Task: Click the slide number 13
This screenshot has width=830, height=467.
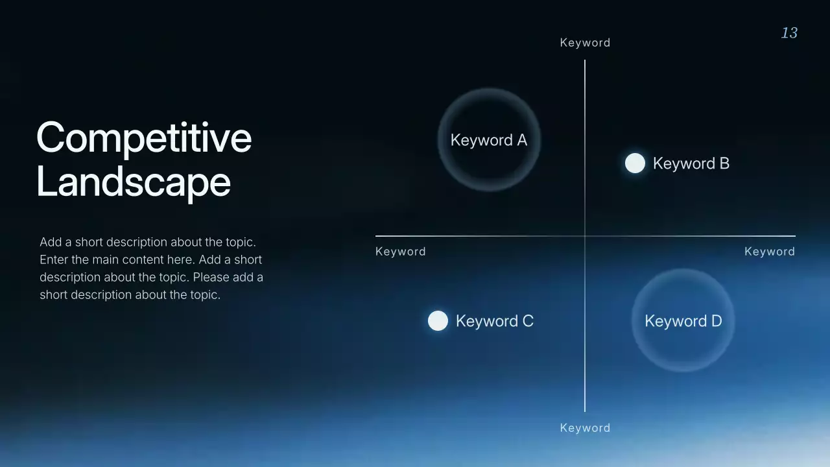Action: coord(789,33)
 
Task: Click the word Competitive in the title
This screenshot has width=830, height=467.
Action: coord(144,138)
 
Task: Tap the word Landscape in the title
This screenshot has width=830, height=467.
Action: coord(134,182)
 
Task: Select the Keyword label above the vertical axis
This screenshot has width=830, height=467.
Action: coord(585,43)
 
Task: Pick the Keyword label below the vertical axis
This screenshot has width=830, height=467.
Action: coord(585,428)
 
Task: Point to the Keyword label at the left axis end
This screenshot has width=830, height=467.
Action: coord(401,252)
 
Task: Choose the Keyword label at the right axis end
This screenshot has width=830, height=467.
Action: coord(769,252)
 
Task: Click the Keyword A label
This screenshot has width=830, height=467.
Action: coord(488,140)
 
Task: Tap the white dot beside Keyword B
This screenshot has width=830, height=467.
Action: coord(635,163)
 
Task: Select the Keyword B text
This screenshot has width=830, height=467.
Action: coord(691,163)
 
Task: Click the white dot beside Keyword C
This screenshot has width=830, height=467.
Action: coord(438,321)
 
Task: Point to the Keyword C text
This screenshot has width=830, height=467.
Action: coord(494,321)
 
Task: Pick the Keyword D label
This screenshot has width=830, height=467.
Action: coord(683,321)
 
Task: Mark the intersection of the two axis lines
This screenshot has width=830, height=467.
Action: coord(585,236)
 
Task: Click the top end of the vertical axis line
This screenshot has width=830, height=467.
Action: coord(585,62)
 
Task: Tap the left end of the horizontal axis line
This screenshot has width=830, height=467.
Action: coord(377,236)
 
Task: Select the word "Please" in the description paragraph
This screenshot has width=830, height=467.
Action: coord(210,277)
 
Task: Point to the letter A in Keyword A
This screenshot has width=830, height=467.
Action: coord(521,140)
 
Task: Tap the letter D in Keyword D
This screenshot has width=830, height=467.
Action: coord(716,321)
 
